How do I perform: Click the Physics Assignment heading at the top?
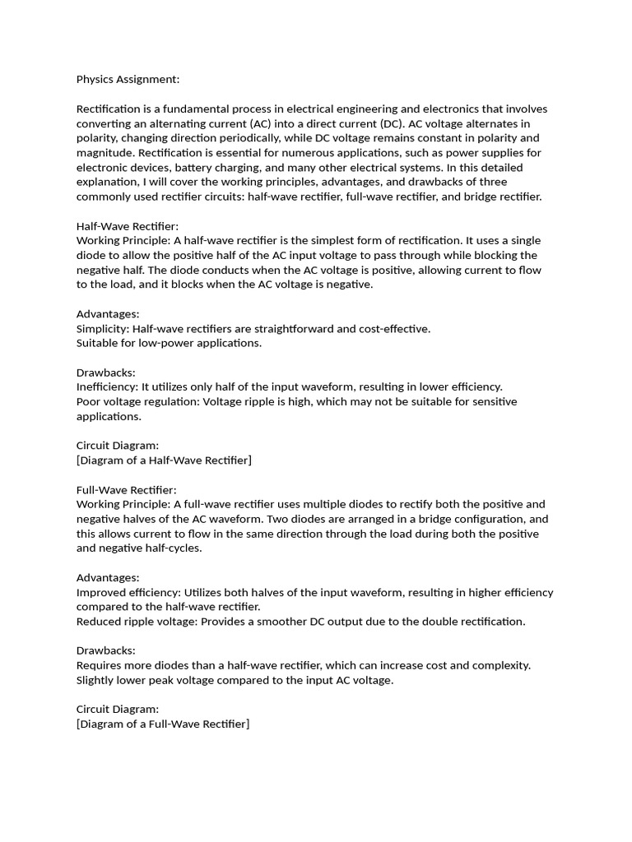(x=128, y=80)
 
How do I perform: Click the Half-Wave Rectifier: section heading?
(x=128, y=226)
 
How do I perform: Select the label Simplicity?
(x=102, y=329)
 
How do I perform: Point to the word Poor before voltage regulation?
(x=89, y=402)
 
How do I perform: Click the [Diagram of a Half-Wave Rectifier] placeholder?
(x=164, y=460)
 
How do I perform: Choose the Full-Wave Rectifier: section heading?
(x=127, y=490)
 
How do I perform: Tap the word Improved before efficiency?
(x=100, y=593)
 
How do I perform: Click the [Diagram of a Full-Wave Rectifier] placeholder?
(x=163, y=724)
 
